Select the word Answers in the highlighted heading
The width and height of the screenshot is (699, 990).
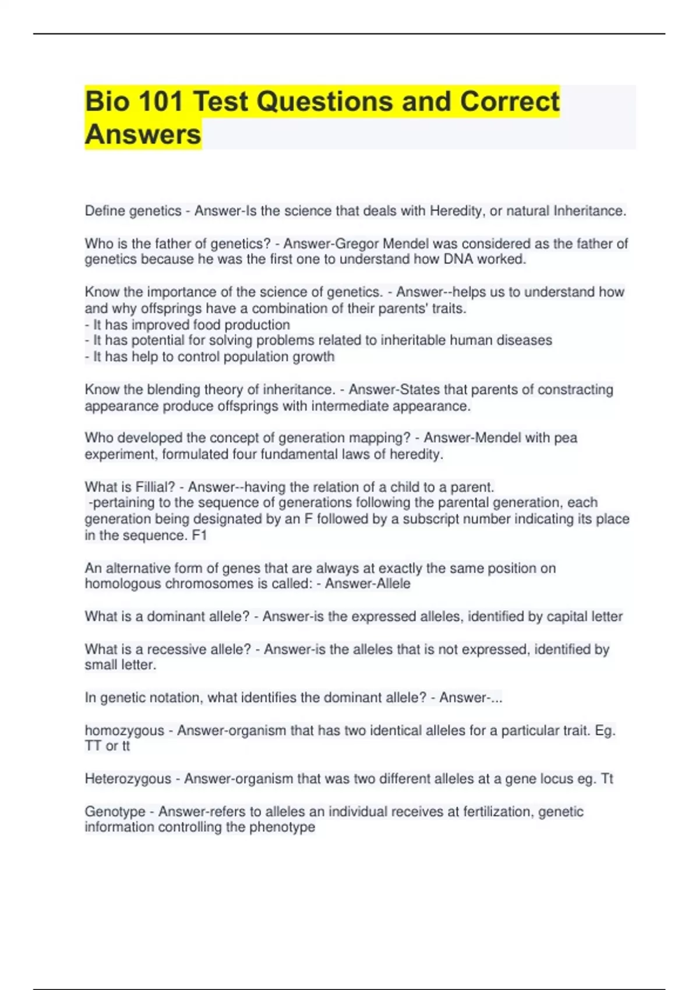(143, 135)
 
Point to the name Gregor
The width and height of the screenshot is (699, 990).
(356, 243)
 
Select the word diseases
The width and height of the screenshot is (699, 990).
(524, 340)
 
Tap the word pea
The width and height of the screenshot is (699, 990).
(566, 437)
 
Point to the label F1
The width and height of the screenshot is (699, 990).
(199, 535)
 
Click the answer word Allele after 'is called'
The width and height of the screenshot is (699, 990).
(389, 584)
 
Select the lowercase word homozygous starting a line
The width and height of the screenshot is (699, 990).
(124, 730)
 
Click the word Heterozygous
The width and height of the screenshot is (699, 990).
(128, 779)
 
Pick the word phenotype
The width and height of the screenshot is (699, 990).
(282, 827)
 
